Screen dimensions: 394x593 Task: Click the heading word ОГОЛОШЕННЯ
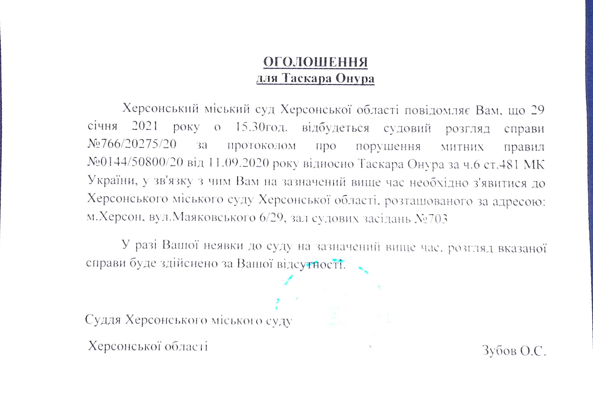pyautogui.click(x=315, y=62)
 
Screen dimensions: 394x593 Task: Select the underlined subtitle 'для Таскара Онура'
pyautogui.click(x=315, y=78)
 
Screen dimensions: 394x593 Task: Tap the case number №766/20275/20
pyautogui.click(x=132, y=144)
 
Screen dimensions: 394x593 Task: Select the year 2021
pyautogui.click(x=145, y=126)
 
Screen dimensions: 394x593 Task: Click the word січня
pyautogui.click(x=102, y=126)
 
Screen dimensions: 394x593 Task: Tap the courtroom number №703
pyautogui.click(x=431, y=219)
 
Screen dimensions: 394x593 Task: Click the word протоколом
pyautogui.click(x=261, y=146)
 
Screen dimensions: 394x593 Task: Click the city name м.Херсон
pyautogui.click(x=114, y=217)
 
